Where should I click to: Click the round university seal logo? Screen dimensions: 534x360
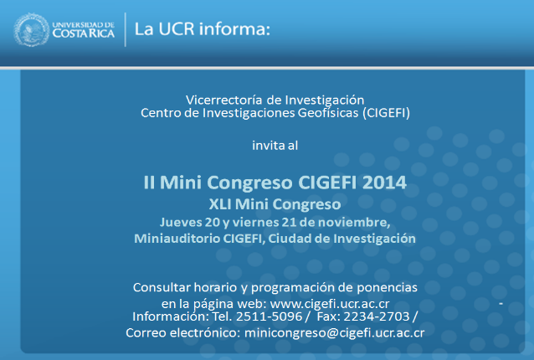click(x=31, y=29)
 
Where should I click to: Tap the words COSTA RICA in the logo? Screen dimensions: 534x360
click(x=84, y=33)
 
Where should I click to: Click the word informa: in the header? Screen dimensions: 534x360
click(x=234, y=28)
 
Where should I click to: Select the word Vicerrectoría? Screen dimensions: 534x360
click(x=223, y=100)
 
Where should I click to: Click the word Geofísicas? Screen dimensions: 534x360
click(x=328, y=113)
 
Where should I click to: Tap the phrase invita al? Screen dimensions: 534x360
click(x=275, y=146)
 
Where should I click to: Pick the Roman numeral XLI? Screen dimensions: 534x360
click(x=220, y=204)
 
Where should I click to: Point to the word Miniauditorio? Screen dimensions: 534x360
click(x=177, y=239)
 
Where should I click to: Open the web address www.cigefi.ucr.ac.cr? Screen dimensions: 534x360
click(x=330, y=303)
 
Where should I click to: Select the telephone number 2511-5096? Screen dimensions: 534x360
click(x=269, y=316)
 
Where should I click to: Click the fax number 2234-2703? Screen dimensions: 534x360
click(x=377, y=316)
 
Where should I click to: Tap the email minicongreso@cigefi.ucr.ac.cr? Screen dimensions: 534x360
click(x=335, y=332)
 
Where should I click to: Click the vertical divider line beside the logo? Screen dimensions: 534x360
click(x=126, y=29)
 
